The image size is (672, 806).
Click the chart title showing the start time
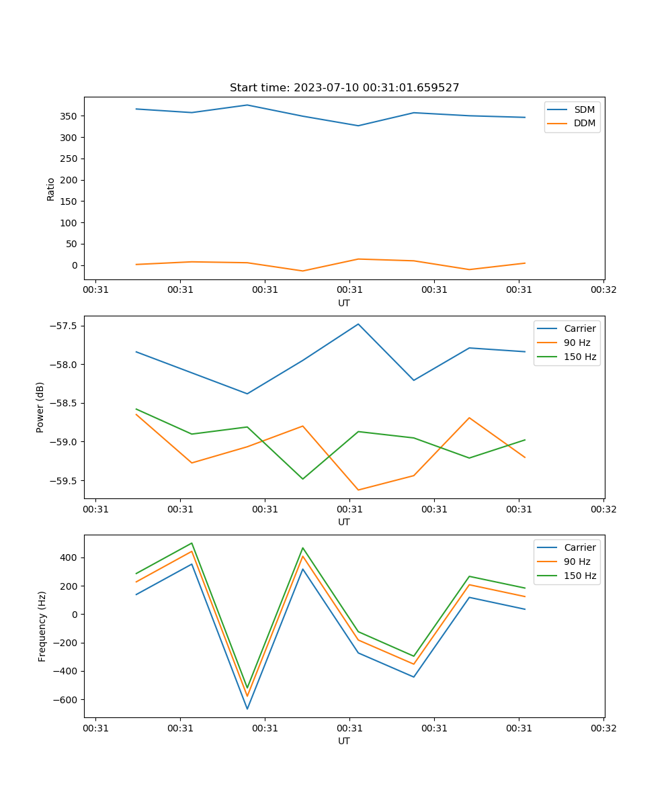pyautogui.click(x=344, y=88)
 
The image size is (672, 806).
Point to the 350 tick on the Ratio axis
pyautogui.click(x=70, y=116)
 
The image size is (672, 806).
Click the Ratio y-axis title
pyautogui.click(x=51, y=189)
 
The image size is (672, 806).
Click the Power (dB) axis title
pyautogui.click(x=40, y=407)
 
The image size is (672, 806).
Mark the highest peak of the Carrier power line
pyautogui.click(x=358, y=324)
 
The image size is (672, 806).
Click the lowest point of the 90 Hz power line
pyautogui.click(x=358, y=490)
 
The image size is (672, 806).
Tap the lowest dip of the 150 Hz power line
pyautogui.click(x=302, y=479)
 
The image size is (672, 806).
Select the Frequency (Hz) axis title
pyautogui.click(x=42, y=626)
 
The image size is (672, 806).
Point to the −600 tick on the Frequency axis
pyautogui.click(x=67, y=700)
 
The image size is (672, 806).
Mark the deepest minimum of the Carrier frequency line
pyautogui.click(x=247, y=709)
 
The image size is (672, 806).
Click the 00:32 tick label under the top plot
pyautogui.click(x=603, y=290)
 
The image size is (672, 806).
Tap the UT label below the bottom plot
pyautogui.click(x=344, y=741)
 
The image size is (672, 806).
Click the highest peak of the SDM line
pyautogui.click(x=247, y=105)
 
